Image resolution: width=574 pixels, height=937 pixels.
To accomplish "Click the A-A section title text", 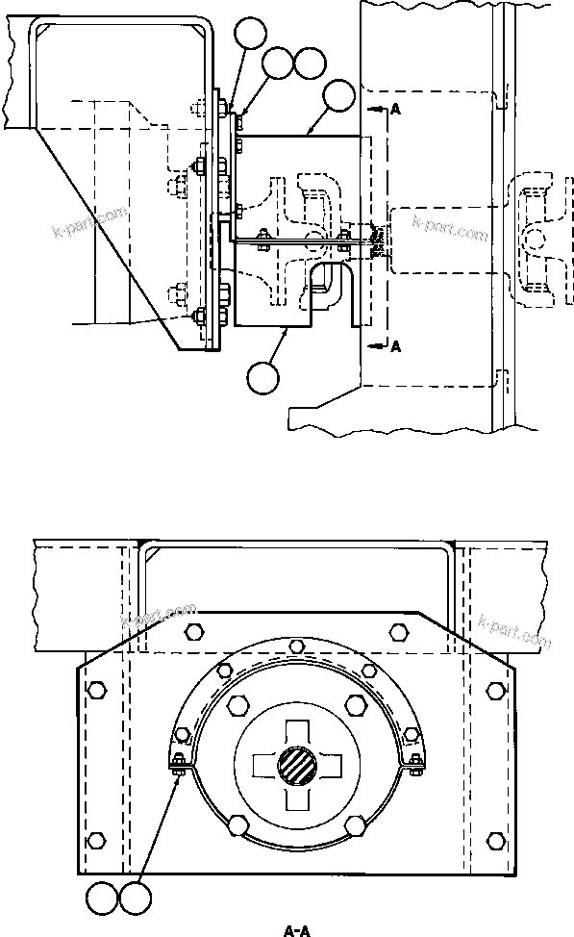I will (x=294, y=929).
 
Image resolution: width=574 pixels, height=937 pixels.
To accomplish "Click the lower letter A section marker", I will (x=395, y=347).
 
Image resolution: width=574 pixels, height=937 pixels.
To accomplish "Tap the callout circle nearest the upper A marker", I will (x=338, y=96).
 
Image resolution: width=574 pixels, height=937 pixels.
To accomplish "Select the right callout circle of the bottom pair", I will (x=134, y=900).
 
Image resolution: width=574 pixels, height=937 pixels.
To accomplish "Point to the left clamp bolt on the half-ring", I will (x=179, y=765).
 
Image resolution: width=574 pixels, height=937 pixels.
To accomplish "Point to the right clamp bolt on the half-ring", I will (x=414, y=765).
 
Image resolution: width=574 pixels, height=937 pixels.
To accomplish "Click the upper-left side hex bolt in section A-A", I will (x=95, y=690).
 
